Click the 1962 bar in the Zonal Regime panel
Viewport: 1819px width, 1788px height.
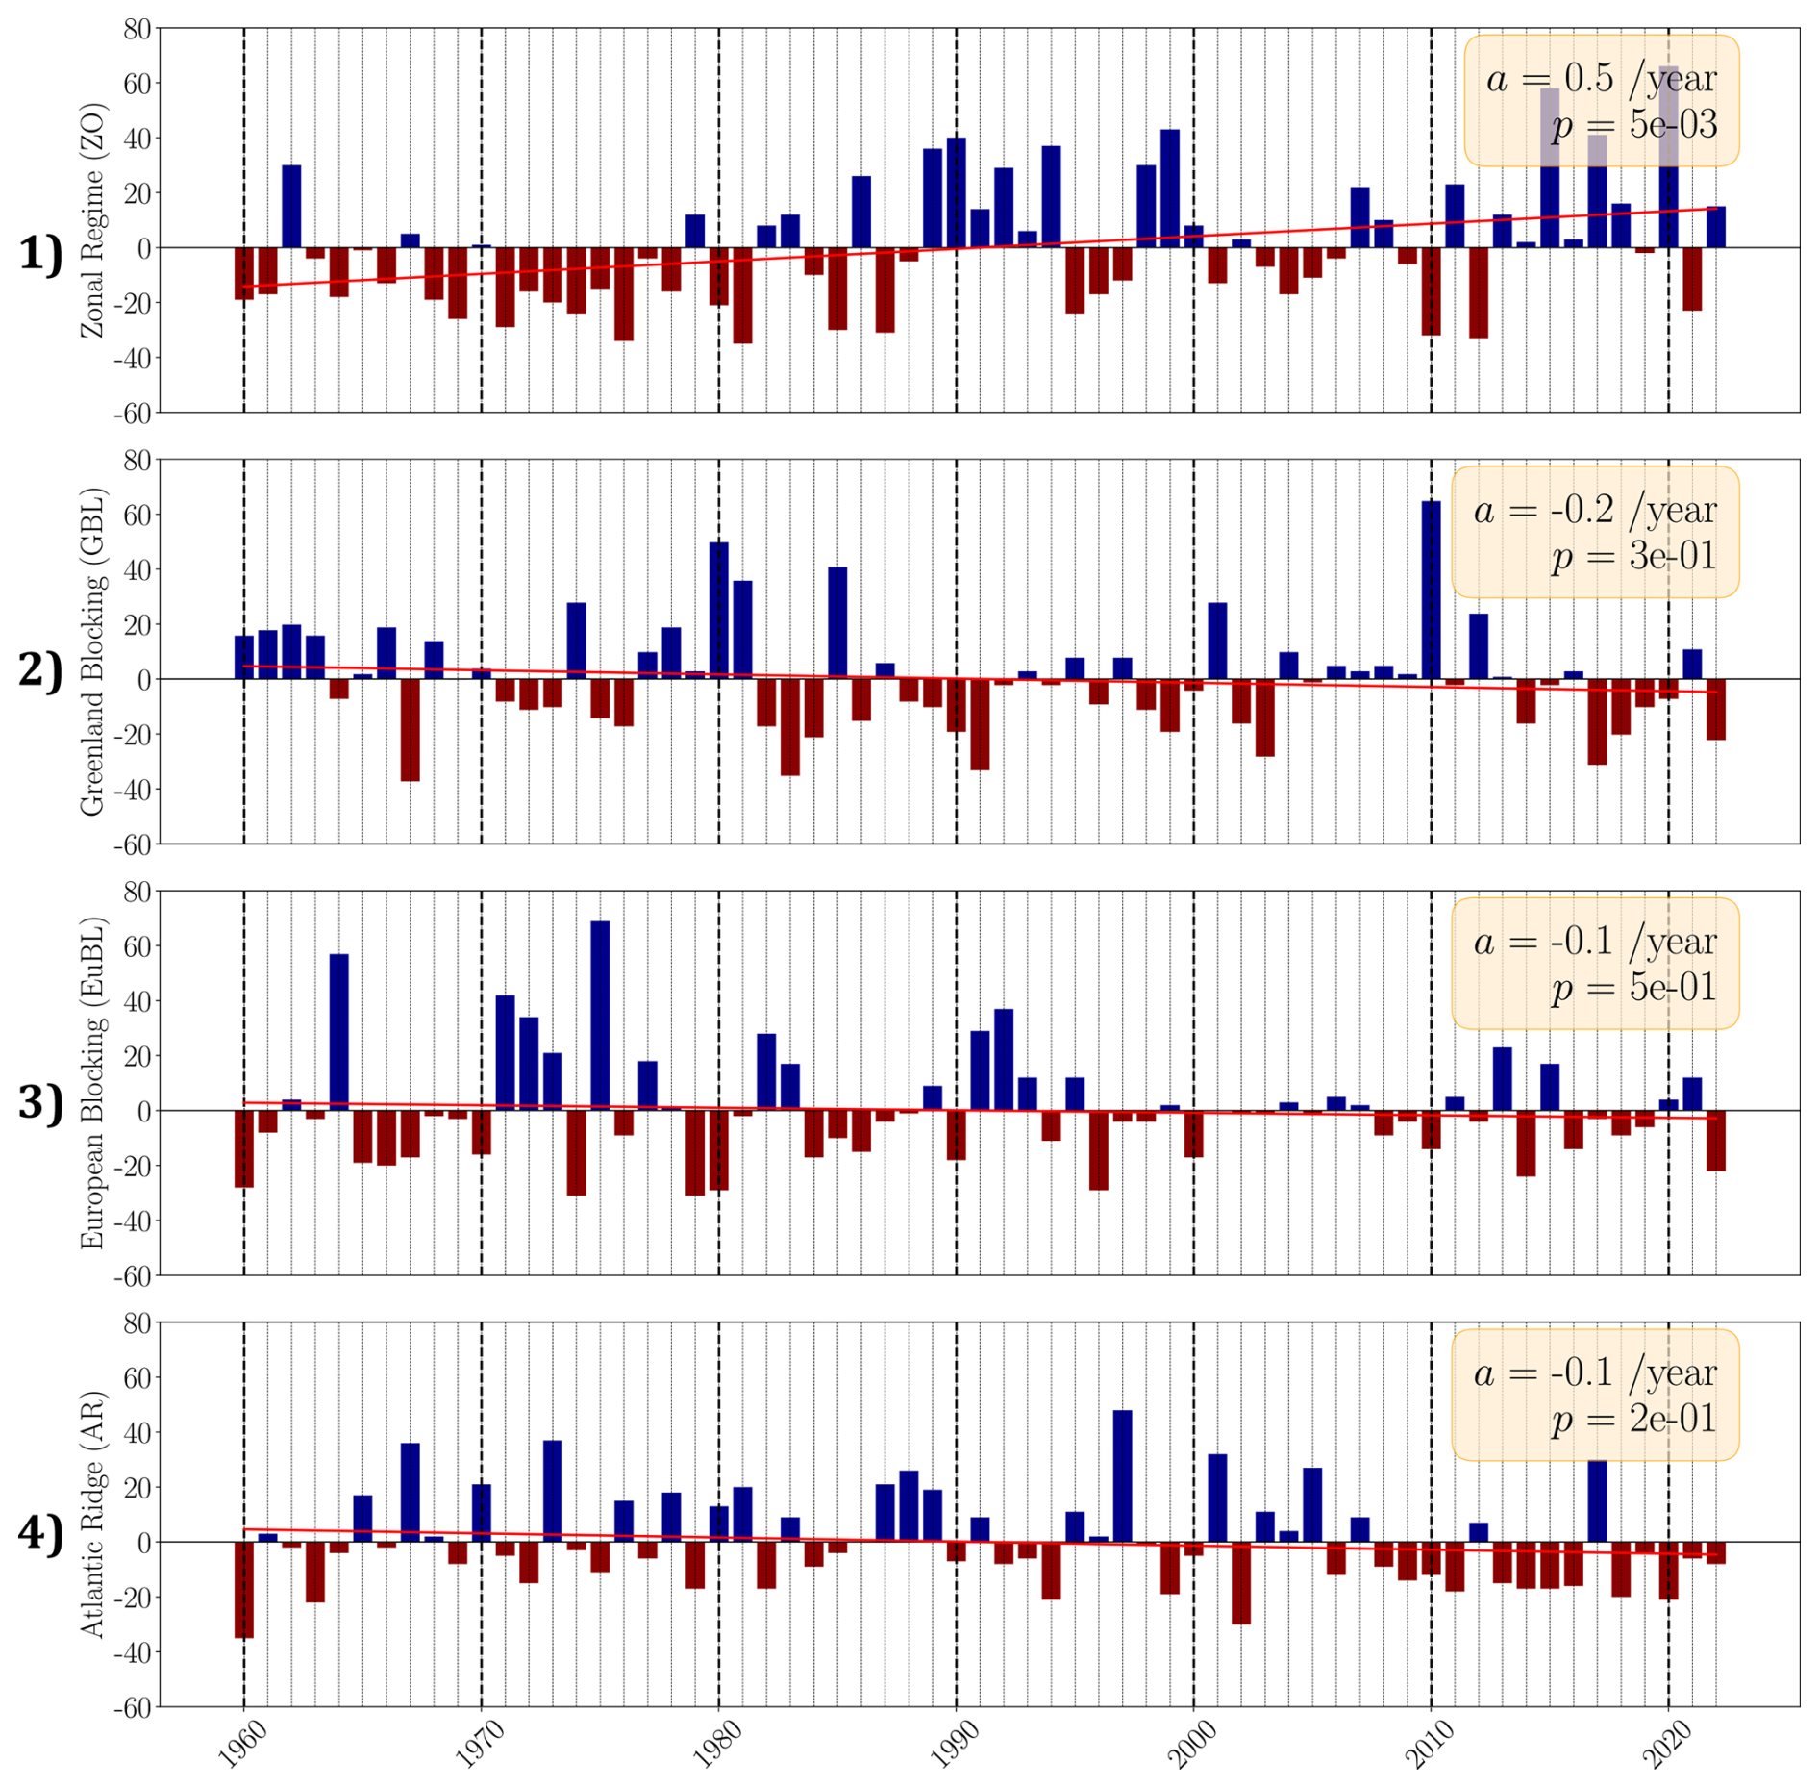[x=291, y=207]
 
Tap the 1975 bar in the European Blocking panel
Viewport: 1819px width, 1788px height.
[x=600, y=1016]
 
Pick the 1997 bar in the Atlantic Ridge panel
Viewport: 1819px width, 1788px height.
[x=1122, y=1476]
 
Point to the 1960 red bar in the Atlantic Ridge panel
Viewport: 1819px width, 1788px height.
[x=244, y=1590]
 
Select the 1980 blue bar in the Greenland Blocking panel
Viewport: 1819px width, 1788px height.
[x=718, y=611]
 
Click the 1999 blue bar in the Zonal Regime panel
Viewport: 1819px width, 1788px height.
[x=1169, y=189]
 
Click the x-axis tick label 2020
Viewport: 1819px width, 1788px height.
[x=1666, y=1745]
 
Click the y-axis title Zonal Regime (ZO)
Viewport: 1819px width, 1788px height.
[x=92, y=220]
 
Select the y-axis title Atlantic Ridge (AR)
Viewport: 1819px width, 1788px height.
[x=92, y=1515]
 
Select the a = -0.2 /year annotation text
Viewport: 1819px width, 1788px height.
[x=1595, y=510]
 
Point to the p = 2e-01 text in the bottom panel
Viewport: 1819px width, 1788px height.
[x=1633, y=1419]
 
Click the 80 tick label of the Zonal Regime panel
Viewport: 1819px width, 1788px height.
[x=137, y=29]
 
